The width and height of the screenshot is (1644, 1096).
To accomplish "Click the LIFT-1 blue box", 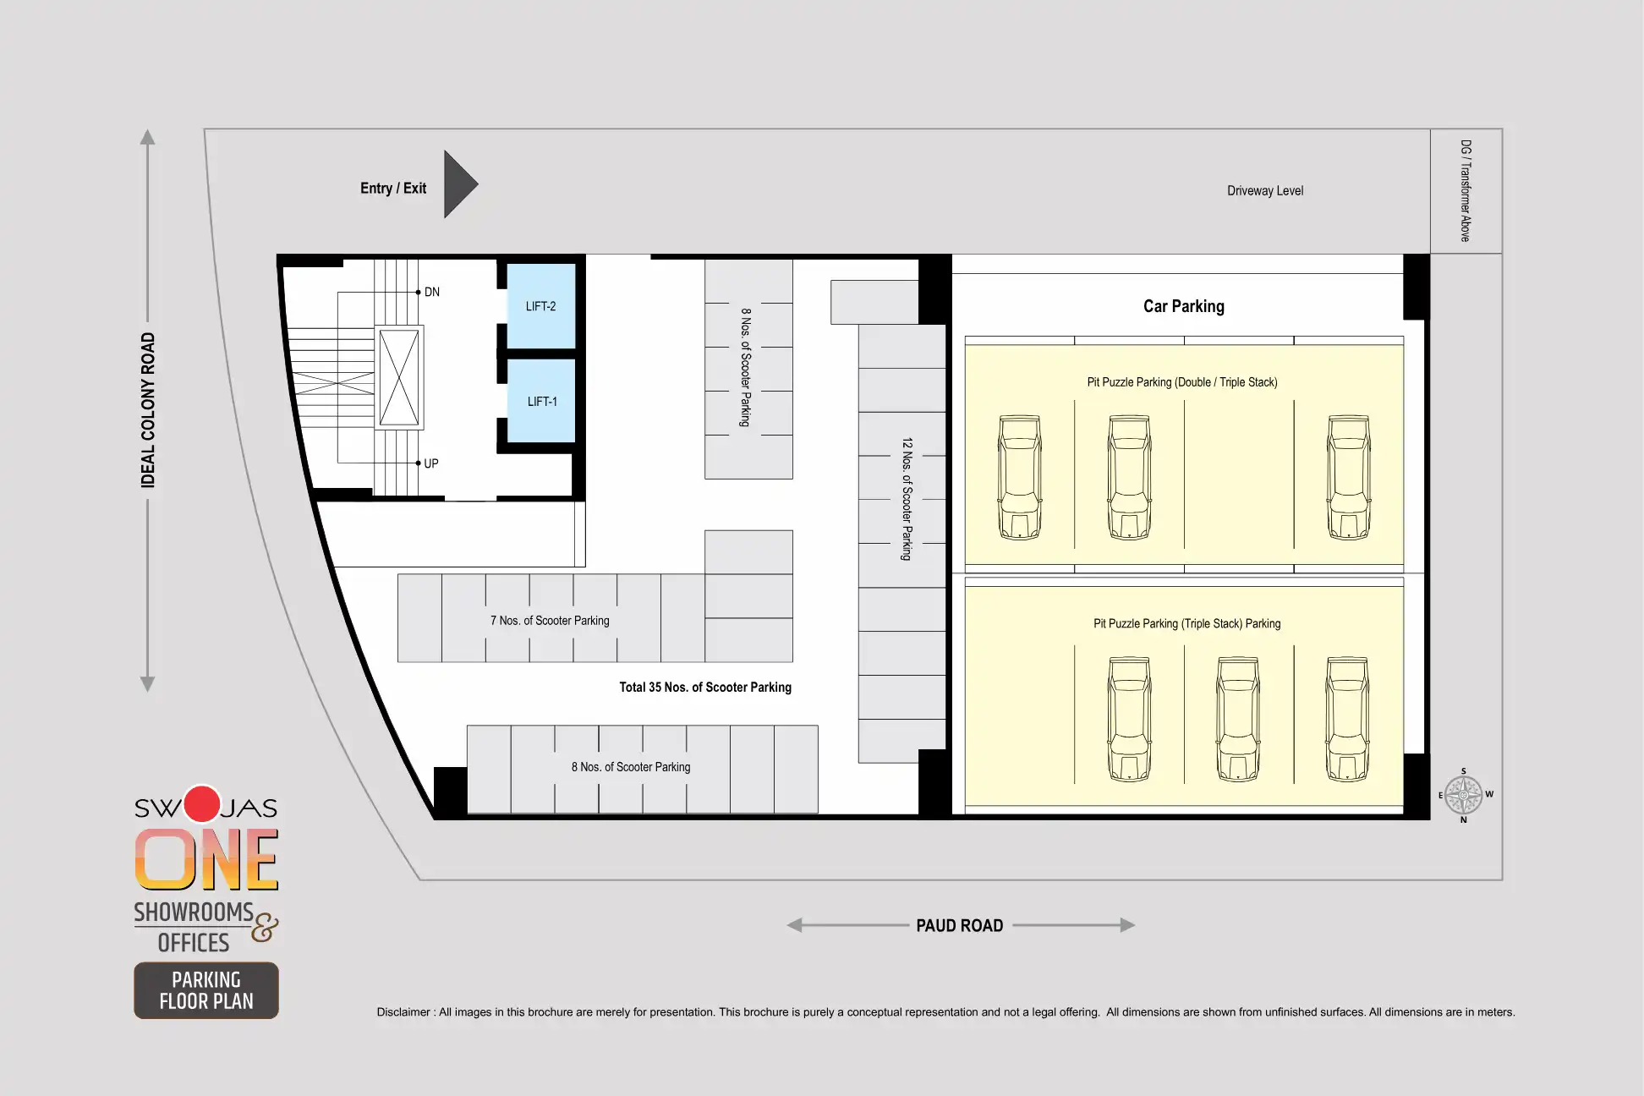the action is click(541, 401).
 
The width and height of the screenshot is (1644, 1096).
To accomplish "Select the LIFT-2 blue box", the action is click(541, 306).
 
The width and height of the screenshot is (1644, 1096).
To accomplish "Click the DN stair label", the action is click(432, 292).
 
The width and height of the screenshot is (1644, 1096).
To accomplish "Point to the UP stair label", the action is click(431, 463).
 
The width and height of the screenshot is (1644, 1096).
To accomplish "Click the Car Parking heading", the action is click(1184, 306).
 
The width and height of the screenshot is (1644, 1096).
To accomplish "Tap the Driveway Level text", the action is click(1265, 191).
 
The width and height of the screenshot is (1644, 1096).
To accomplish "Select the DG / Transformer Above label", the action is click(1466, 191).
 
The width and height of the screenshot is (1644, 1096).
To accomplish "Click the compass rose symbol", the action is click(1464, 795).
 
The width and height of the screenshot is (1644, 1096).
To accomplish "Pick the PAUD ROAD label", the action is click(960, 926).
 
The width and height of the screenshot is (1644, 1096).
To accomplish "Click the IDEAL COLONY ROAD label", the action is click(148, 410).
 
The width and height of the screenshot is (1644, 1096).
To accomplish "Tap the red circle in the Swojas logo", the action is click(202, 804).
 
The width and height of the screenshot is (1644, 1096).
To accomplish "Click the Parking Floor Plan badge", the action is click(206, 990).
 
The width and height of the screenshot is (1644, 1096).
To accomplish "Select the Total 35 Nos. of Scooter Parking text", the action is click(705, 688).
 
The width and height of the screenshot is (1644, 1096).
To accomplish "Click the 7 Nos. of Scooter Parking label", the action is click(550, 621).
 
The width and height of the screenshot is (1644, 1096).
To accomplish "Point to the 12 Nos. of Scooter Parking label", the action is click(907, 499).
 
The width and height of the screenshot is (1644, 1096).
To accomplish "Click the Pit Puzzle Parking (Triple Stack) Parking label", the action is click(1186, 624).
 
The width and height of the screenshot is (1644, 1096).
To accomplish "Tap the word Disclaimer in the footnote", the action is click(403, 1012).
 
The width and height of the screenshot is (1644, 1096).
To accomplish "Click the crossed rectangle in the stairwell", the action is click(399, 377).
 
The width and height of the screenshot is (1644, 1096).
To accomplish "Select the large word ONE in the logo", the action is click(206, 859).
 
